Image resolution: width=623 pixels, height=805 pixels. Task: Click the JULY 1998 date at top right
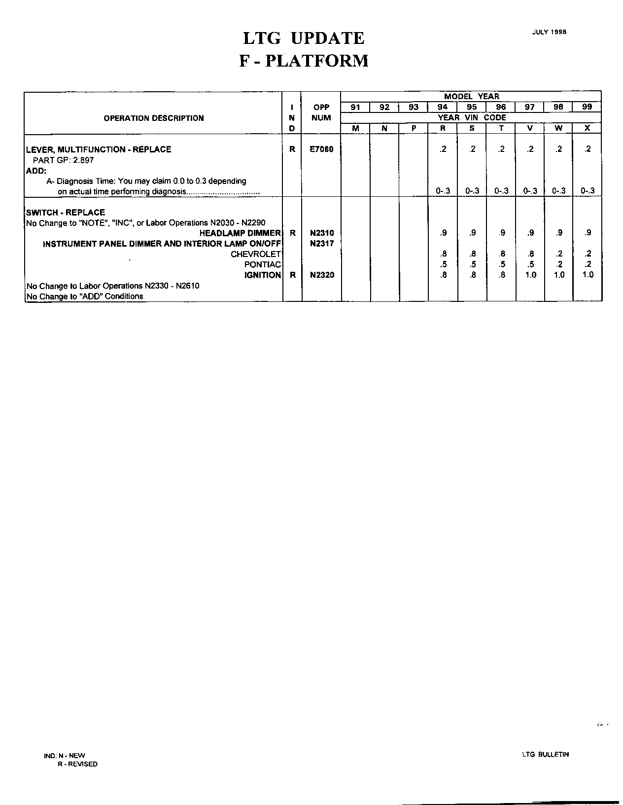tap(549, 32)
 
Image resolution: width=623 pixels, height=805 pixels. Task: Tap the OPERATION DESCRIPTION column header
tap(153, 118)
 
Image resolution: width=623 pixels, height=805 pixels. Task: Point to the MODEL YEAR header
tap(471, 96)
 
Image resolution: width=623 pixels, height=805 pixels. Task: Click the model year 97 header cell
tap(529, 107)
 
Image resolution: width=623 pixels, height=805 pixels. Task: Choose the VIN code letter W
tap(558, 128)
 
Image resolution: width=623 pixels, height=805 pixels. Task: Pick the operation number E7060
tap(321, 149)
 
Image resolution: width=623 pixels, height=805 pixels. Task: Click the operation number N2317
tap(321, 243)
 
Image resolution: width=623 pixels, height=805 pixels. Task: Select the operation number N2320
tap(321, 275)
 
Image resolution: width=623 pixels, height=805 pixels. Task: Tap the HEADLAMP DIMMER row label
tap(240, 233)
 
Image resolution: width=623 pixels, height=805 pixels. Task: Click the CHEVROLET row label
tap(255, 254)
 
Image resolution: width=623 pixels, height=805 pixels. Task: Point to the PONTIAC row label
tap(262, 264)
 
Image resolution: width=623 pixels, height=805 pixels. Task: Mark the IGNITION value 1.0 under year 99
tap(588, 275)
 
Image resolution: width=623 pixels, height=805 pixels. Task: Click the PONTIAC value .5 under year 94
tap(443, 264)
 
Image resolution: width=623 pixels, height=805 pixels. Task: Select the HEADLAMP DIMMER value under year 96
tap(501, 233)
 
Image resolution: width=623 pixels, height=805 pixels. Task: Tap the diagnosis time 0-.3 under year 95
tap(472, 191)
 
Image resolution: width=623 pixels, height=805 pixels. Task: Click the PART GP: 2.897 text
tap(63, 160)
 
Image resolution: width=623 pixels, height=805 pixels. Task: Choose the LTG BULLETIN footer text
tap(545, 754)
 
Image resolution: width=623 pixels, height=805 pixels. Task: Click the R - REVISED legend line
tap(77, 764)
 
